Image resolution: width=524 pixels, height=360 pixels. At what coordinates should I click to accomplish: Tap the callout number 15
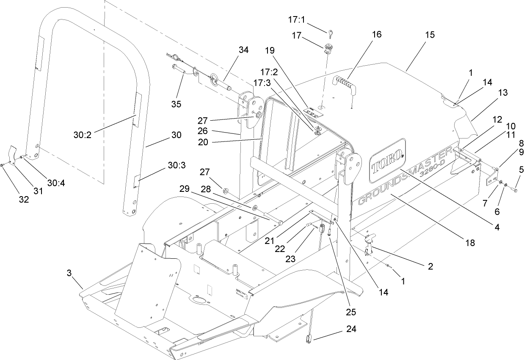point(430,35)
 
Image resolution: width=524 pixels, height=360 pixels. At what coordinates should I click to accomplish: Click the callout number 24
point(351,328)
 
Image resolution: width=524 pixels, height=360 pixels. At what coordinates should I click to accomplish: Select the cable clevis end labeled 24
point(308,338)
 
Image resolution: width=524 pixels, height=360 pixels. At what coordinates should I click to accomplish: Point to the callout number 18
point(469,243)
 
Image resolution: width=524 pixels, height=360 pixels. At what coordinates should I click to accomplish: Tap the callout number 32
point(24,199)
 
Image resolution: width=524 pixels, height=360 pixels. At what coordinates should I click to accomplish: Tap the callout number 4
point(497,227)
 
